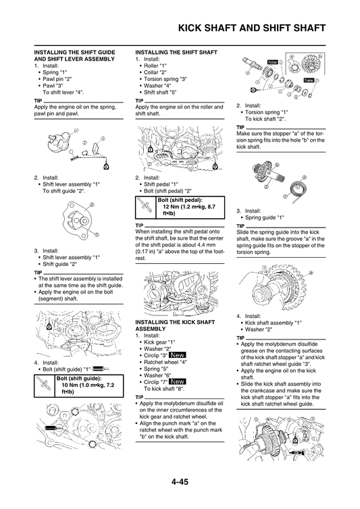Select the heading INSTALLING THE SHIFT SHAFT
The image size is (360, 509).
(176, 52)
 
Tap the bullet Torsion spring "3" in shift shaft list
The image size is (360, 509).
(164, 79)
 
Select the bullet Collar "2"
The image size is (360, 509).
(155, 72)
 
